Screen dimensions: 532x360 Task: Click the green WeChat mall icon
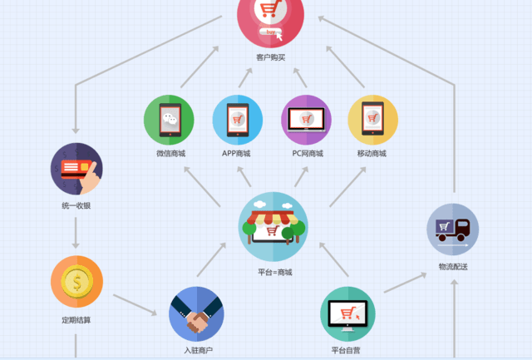(x=169, y=120)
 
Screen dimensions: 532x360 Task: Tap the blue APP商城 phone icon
(x=238, y=120)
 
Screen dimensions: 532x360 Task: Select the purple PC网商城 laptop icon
(x=307, y=120)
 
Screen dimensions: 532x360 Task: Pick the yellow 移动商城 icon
(x=373, y=120)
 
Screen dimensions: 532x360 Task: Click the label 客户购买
(x=270, y=57)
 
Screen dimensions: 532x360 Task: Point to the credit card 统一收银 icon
(x=76, y=169)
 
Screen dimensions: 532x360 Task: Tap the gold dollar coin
(x=77, y=281)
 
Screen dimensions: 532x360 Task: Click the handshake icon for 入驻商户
(x=196, y=314)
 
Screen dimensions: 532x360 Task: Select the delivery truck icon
(x=452, y=229)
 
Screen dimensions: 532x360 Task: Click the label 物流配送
(x=453, y=267)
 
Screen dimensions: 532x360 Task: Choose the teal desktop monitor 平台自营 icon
(x=347, y=314)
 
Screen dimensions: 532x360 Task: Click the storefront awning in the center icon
(x=273, y=218)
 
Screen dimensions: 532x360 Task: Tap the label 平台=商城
(x=275, y=272)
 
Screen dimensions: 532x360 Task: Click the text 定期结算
(x=76, y=320)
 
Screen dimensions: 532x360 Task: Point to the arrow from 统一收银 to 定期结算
(x=76, y=233)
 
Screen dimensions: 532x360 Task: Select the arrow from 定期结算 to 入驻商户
(x=135, y=304)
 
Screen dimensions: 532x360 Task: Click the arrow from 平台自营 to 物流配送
(x=405, y=283)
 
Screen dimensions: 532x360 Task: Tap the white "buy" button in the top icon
(x=270, y=32)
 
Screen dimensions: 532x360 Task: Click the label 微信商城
(x=170, y=153)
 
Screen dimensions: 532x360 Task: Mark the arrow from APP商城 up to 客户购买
(x=245, y=77)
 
